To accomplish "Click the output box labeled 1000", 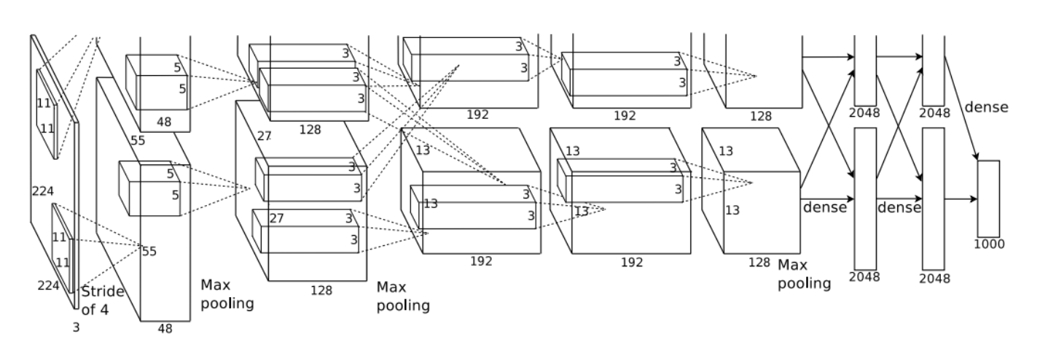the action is pyautogui.click(x=988, y=199).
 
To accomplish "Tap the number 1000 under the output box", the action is pyautogui.click(x=989, y=244).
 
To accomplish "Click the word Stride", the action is pyautogui.click(x=103, y=291).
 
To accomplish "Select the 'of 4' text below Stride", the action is pyautogui.click(x=95, y=309).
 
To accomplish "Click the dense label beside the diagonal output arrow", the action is pyautogui.click(x=986, y=107).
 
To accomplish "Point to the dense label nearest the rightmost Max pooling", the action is pyautogui.click(x=825, y=207).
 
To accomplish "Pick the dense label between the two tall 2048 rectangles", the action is pyautogui.click(x=899, y=207).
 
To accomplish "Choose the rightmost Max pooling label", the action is pyautogui.click(x=805, y=274).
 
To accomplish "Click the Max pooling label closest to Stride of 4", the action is pyautogui.click(x=227, y=294).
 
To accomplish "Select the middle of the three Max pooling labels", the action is pyautogui.click(x=403, y=296).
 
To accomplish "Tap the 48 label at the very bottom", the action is pyautogui.click(x=165, y=328).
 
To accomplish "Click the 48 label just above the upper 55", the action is pyautogui.click(x=164, y=122).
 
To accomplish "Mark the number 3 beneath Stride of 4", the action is pyautogui.click(x=77, y=328).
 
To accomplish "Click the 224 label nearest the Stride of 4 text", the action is pyautogui.click(x=48, y=285).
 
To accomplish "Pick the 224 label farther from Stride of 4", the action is pyautogui.click(x=42, y=191).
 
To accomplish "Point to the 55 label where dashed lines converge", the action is pyautogui.click(x=149, y=252).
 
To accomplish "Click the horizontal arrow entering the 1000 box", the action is pyautogui.click(x=961, y=199).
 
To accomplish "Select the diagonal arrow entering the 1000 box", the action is pyautogui.click(x=961, y=108).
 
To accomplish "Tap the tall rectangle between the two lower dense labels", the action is pyautogui.click(x=865, y=199).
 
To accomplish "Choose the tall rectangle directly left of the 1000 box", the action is pyautogui.click(x=934, y=199).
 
